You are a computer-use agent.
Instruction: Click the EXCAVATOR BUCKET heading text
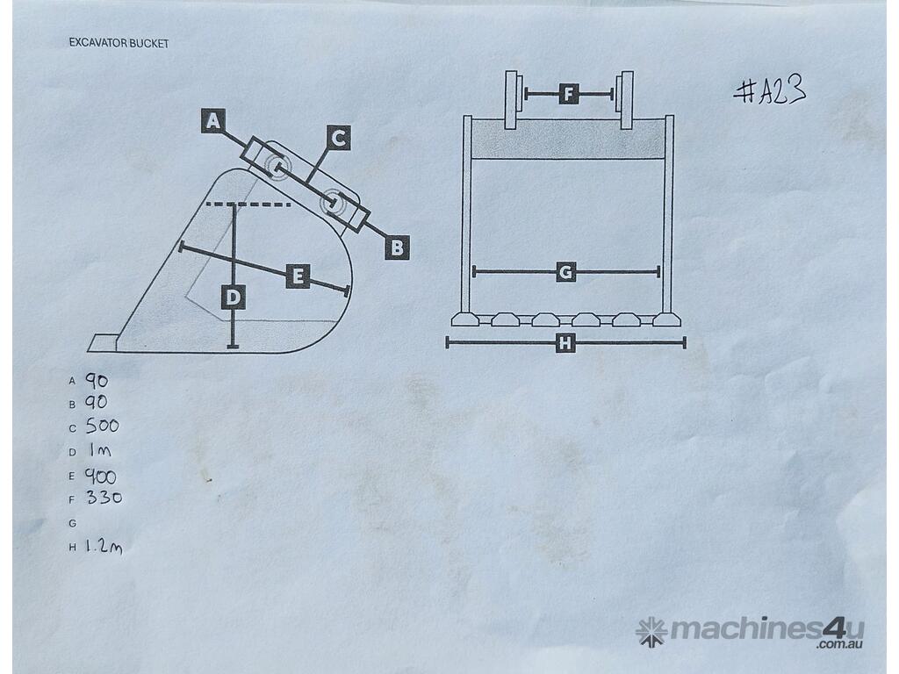[x=119, y=43]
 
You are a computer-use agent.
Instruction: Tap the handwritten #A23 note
[x=769, y=90]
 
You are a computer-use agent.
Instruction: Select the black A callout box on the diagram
[x=212, y=121]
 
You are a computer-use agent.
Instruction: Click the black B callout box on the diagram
[x=397, y=247]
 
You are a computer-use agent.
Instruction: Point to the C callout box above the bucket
[x=339, y=138]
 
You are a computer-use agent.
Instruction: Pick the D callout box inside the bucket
[x=234, y=297]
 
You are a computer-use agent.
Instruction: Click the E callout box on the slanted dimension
[x=298, y=276]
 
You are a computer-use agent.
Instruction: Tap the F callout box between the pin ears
[x=569, y=93]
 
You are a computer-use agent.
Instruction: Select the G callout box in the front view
[x=566, y=272]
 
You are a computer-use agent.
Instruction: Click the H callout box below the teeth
[x=565, y=343]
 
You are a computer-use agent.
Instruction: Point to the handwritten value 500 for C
[x=102, y=426]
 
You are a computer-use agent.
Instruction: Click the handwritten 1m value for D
[x=100, y=450]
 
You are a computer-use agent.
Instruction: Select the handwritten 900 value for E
[x=101, y=477]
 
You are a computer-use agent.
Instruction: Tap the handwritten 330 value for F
[x=104, y=497]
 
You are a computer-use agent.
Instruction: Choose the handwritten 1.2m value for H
[x=104, y=546]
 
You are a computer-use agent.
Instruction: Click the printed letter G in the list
[x=72, y=523]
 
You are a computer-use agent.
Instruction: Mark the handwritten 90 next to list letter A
[x=97, y=381]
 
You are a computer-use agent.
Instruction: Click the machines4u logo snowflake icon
[x=651, y=632]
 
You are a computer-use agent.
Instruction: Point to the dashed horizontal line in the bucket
[x=248, y=204]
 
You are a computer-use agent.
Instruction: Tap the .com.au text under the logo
[x=840, y=644]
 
